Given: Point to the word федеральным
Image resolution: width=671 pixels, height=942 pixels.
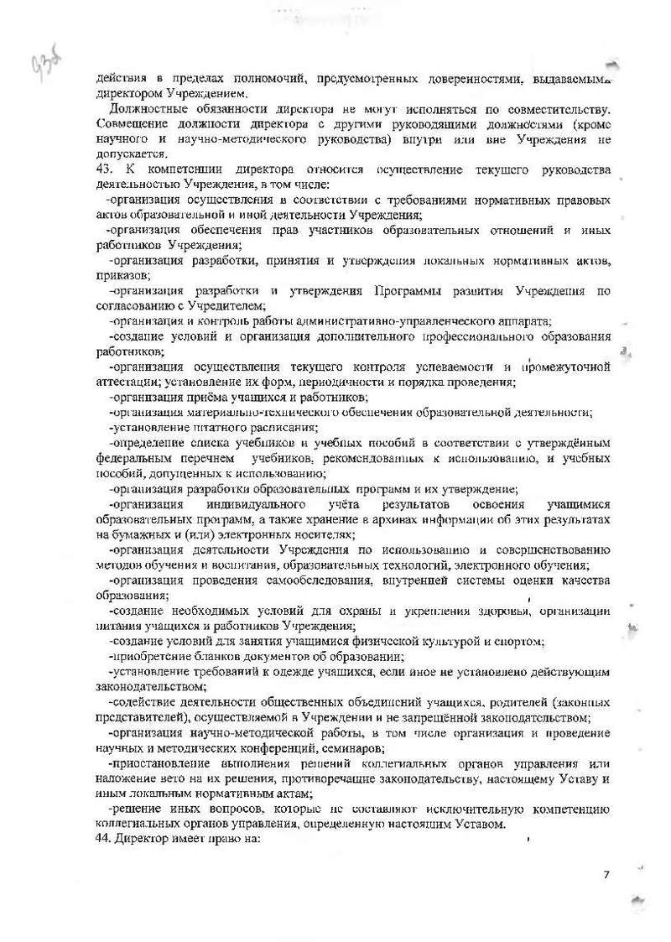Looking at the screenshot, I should point(133,458).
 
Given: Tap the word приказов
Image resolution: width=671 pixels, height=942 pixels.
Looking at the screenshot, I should point(124,275).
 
